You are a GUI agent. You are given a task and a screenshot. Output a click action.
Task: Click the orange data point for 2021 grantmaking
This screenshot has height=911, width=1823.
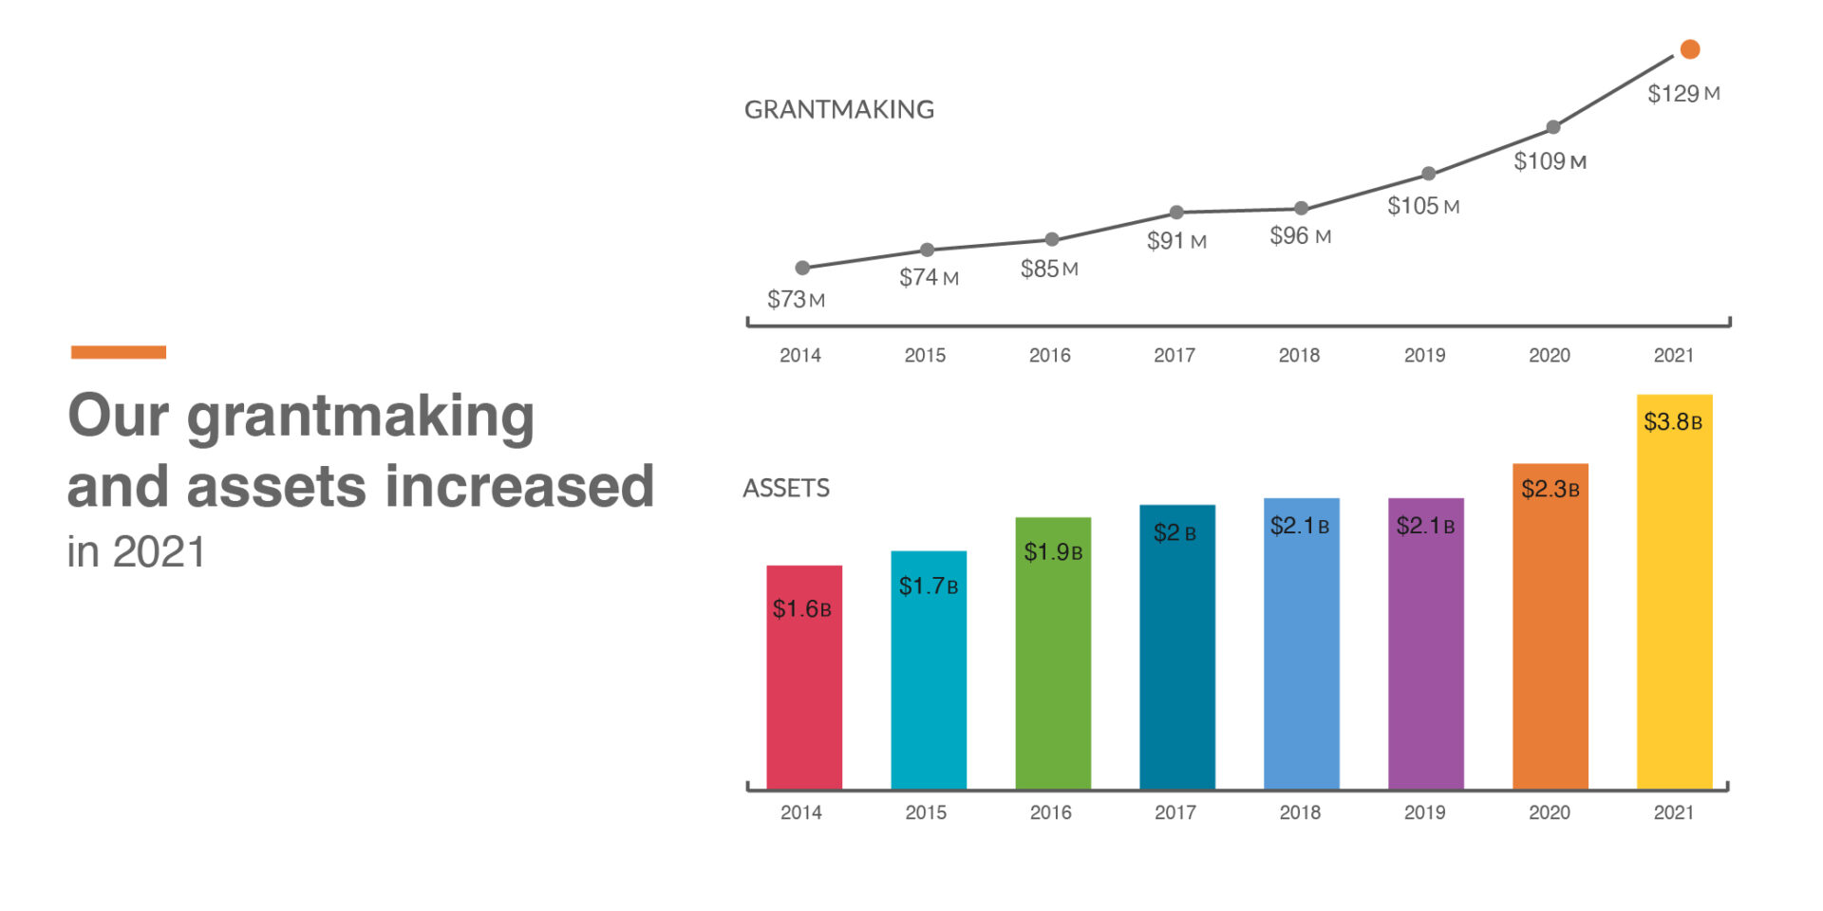[x=1690, y=49]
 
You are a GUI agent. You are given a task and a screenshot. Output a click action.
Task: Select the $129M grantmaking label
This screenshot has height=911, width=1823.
[x=1683, y=94]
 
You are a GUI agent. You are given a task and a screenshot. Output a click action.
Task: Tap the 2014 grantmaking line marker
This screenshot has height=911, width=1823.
[x=802, y=268]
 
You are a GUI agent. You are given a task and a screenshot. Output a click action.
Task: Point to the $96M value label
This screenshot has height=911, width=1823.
[x=1301, y=236]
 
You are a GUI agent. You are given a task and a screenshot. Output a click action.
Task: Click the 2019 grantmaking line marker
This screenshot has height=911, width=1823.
[x=1428, y=174]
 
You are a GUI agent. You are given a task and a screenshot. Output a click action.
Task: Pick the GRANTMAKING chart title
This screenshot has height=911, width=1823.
[x=839, y=110]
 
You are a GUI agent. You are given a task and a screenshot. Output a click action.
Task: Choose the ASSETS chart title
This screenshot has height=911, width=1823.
[x=786, y=489]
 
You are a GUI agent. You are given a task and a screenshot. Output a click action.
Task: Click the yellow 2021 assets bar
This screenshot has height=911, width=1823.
[x=1675, y=591]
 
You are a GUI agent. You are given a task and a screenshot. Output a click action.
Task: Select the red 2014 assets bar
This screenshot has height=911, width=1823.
[x=804, y=677]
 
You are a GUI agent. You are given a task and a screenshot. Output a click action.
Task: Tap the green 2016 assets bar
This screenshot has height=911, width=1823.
[x=1053, y=653]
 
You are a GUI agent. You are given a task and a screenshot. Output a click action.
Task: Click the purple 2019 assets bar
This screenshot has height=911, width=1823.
[x=1426, y=643]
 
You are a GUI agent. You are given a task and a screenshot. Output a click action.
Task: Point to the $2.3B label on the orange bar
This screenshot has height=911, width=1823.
[x=1550, y=490]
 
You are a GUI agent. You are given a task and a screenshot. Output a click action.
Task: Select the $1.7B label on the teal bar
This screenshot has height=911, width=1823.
[x=929, y=586]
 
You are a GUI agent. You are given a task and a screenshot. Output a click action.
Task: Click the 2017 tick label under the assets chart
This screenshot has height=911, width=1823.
[x=1175, y=812]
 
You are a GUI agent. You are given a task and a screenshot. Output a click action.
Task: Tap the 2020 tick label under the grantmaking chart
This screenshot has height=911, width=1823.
[x=1550, y=355]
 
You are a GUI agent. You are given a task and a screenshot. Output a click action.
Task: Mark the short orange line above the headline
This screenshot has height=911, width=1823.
[x=119, y=352]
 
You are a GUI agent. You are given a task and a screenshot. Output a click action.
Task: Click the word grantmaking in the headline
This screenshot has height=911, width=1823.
[x=361, y=418]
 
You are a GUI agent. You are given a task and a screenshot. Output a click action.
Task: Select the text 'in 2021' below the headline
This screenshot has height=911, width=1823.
[x=136, y=552]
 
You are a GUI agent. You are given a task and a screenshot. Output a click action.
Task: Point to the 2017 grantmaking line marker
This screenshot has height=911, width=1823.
[x=1176, y=212]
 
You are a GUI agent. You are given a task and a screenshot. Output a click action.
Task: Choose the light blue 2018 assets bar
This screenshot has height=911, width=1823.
[x=1302, y=643]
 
